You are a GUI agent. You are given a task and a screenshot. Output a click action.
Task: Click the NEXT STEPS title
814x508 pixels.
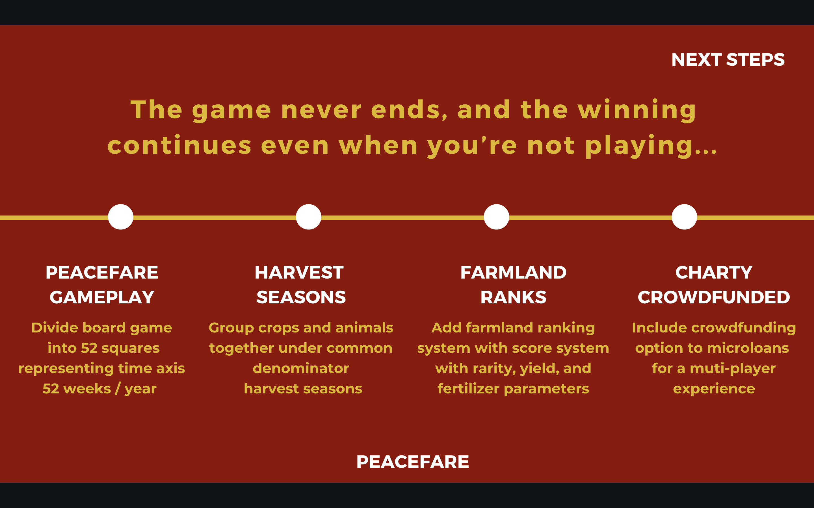pos(728,60)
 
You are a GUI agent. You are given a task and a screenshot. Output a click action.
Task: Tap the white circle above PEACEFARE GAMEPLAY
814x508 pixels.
pos(121,217)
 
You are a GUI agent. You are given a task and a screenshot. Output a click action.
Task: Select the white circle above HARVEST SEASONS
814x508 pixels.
pos(308,217)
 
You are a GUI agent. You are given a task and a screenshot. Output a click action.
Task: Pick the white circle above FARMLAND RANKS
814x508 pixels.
pos(497,217)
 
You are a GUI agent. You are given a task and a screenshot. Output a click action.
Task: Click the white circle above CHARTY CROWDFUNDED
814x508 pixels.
pos(684,217)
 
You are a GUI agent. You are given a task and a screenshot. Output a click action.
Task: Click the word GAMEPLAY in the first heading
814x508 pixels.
pos(102,297)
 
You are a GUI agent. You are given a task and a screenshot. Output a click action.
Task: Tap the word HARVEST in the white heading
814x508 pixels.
pos(299,272)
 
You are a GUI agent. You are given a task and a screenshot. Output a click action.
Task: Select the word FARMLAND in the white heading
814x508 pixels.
pos(513,272)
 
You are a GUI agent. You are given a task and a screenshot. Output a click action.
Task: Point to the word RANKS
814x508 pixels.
pos(513,297)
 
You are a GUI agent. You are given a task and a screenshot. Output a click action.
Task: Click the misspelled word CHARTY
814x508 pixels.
pos(714,272)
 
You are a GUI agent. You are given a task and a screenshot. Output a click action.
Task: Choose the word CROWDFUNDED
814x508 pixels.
pos(714,297)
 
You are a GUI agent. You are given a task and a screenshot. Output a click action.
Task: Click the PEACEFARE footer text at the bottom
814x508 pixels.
pos(412,462)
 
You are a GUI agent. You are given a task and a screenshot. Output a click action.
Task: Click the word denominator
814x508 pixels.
pos(301,369)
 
